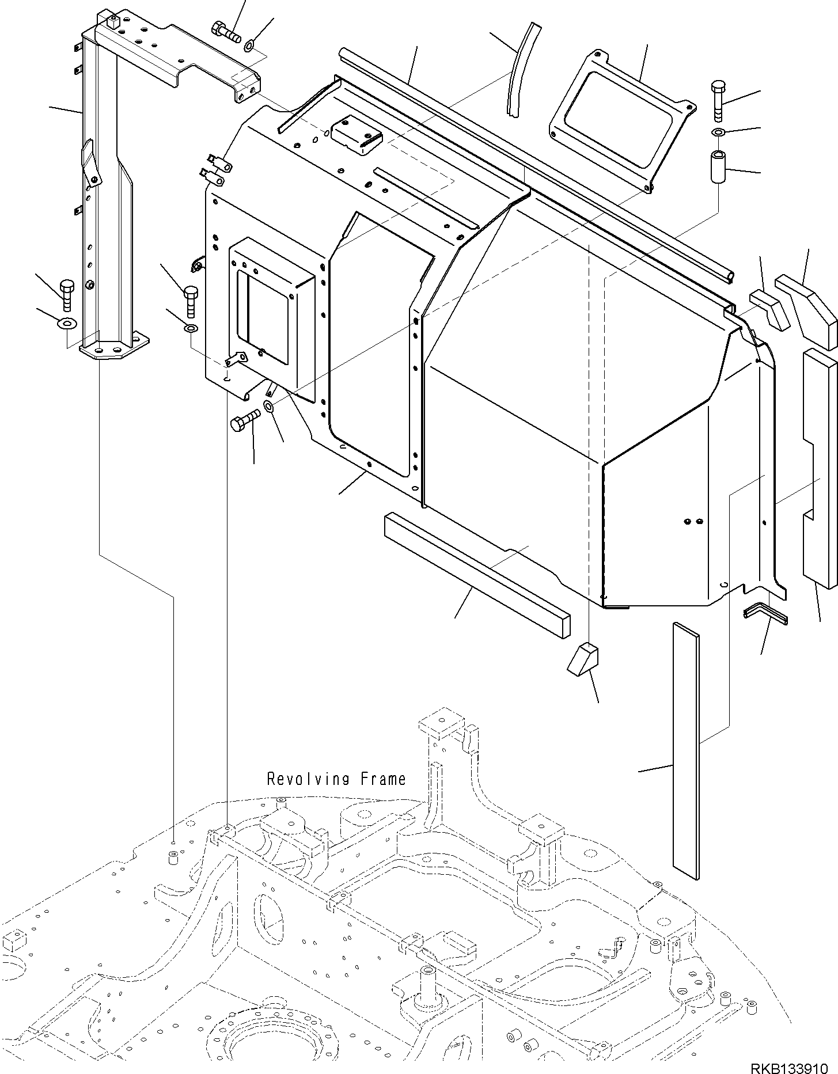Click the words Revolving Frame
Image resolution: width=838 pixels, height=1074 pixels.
[336, 779]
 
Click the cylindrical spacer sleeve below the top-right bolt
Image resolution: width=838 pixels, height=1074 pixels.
[718, 168]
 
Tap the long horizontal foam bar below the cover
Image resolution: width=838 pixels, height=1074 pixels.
[476, 575]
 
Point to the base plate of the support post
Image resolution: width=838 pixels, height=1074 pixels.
[114, 347]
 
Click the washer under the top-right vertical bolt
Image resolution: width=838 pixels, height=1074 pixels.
[718, 133]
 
